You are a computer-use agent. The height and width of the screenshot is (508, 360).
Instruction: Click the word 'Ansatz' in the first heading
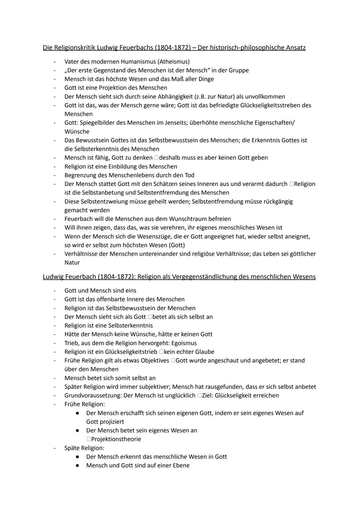[x=295, y=48]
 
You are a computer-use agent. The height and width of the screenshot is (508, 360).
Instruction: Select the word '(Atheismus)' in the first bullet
[x=174, y=62]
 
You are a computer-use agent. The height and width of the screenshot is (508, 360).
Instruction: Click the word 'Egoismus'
[x=184, y=343]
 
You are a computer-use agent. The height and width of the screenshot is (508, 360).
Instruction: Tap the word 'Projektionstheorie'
[x=116, y=439]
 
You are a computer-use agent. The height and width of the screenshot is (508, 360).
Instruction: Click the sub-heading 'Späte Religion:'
[x=84, y=448]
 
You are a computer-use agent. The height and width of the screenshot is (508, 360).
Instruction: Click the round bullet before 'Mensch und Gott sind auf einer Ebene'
[x=77, y=465]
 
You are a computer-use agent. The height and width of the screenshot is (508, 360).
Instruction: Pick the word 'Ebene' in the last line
[x=180, y=465]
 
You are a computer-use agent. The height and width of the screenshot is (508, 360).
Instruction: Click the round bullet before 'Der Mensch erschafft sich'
[x=77, y=413]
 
